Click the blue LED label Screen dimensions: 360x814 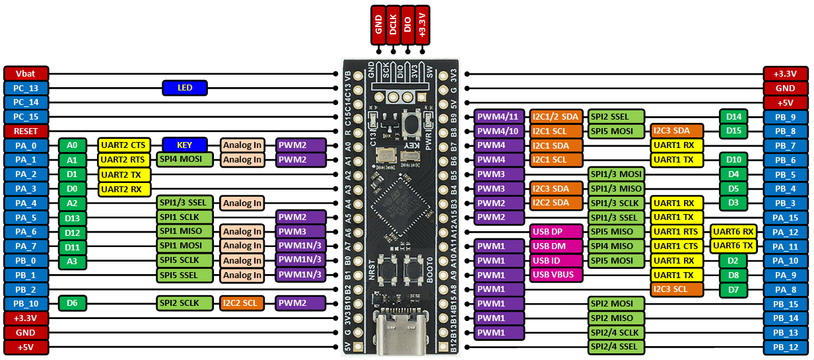[185, 88]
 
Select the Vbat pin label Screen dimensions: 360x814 [26, 74]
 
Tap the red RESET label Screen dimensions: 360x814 [26, 131]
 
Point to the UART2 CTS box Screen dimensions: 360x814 [124, 145]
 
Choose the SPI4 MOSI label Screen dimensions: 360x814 [185, 159]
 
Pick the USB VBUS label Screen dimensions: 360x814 [556, 275]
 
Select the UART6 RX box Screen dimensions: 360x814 [733, 232]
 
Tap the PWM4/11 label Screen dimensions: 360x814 [498, 117]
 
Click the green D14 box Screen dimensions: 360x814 [733, 117]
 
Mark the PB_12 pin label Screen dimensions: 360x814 [785, 347]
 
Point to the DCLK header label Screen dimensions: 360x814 [393, 25]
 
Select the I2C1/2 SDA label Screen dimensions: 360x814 [556, 117]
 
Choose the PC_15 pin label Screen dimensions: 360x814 [26, 117]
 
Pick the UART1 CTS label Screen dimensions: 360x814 [676, 246]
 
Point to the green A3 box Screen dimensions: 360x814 [72, 261]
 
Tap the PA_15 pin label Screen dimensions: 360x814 [785, 217]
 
